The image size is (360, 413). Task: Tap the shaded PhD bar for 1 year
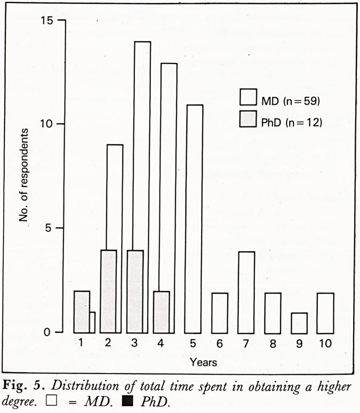tap(81, 312)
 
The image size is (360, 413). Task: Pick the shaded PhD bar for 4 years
tap(162, 312)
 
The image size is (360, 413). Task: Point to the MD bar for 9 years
tap(299, 322)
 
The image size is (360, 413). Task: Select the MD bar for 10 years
tap(325, 313)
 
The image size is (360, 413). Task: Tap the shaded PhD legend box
tap(248, 121)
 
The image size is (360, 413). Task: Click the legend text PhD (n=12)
tap(292, 122)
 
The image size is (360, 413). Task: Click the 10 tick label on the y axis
tap(46, 124)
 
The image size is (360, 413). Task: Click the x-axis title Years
tap(203, 362)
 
